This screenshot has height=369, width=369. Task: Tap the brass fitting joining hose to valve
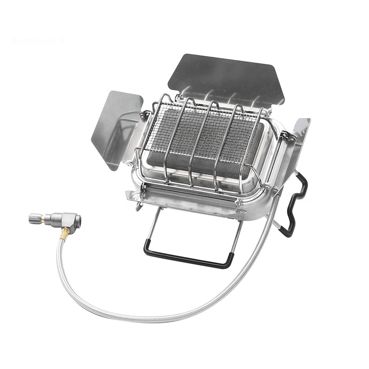(x=65, y=233)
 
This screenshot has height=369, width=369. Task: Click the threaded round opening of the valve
(x=78, y=219)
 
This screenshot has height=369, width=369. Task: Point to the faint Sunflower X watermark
(x=38, y=41)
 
